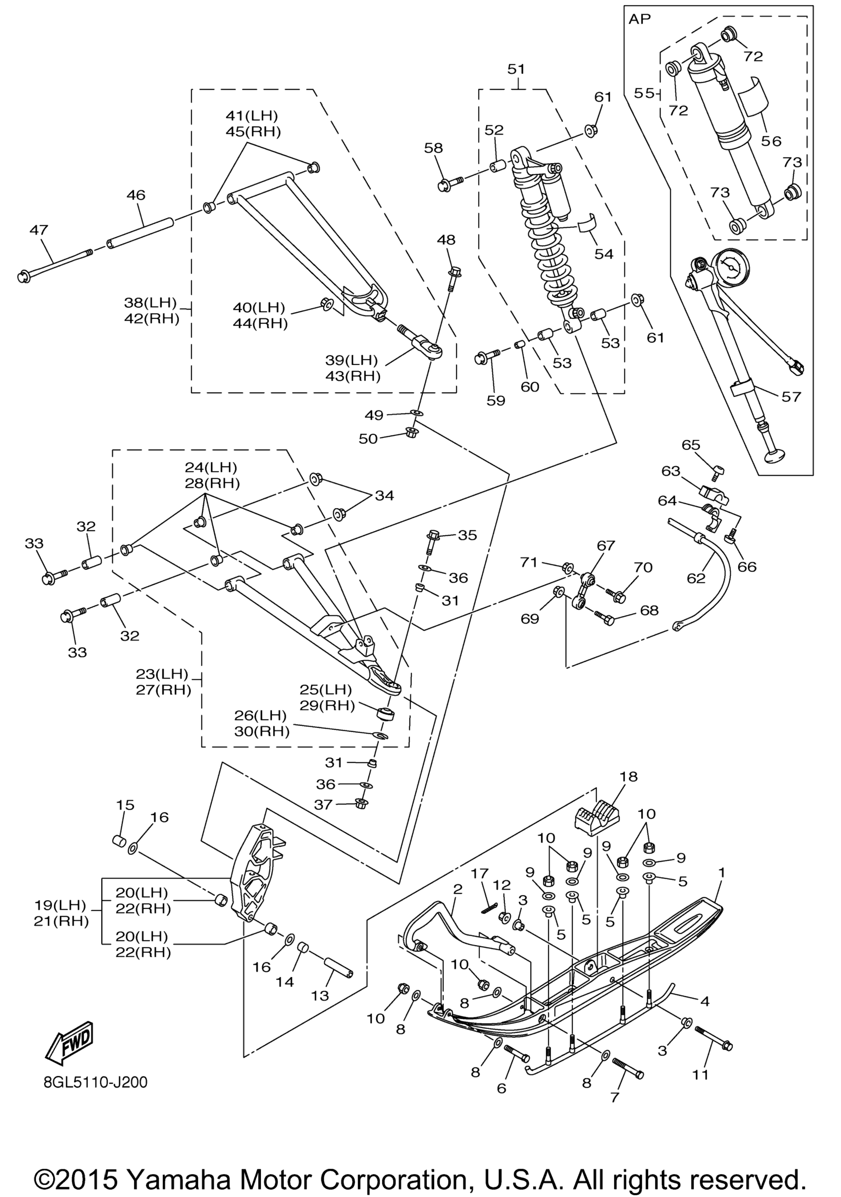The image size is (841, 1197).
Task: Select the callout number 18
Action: pyautogui.click(x=628, y=791)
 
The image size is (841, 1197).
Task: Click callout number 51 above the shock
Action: pyautogui.click(x=517, y=69)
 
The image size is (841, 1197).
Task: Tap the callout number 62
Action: pyautogui.click(x=696, y=578)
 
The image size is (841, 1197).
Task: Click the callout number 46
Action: pyautogui.click(x=136, y=195)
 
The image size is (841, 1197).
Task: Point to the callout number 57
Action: pyautogui.click(x=790, y=397)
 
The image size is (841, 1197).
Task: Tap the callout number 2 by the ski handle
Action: pyautogui.click(x=457, y=889)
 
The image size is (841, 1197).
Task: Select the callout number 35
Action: pyautogui.click(x=467, y=535)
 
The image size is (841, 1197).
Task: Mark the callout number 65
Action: pyautogui.click(x=691, y=445)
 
